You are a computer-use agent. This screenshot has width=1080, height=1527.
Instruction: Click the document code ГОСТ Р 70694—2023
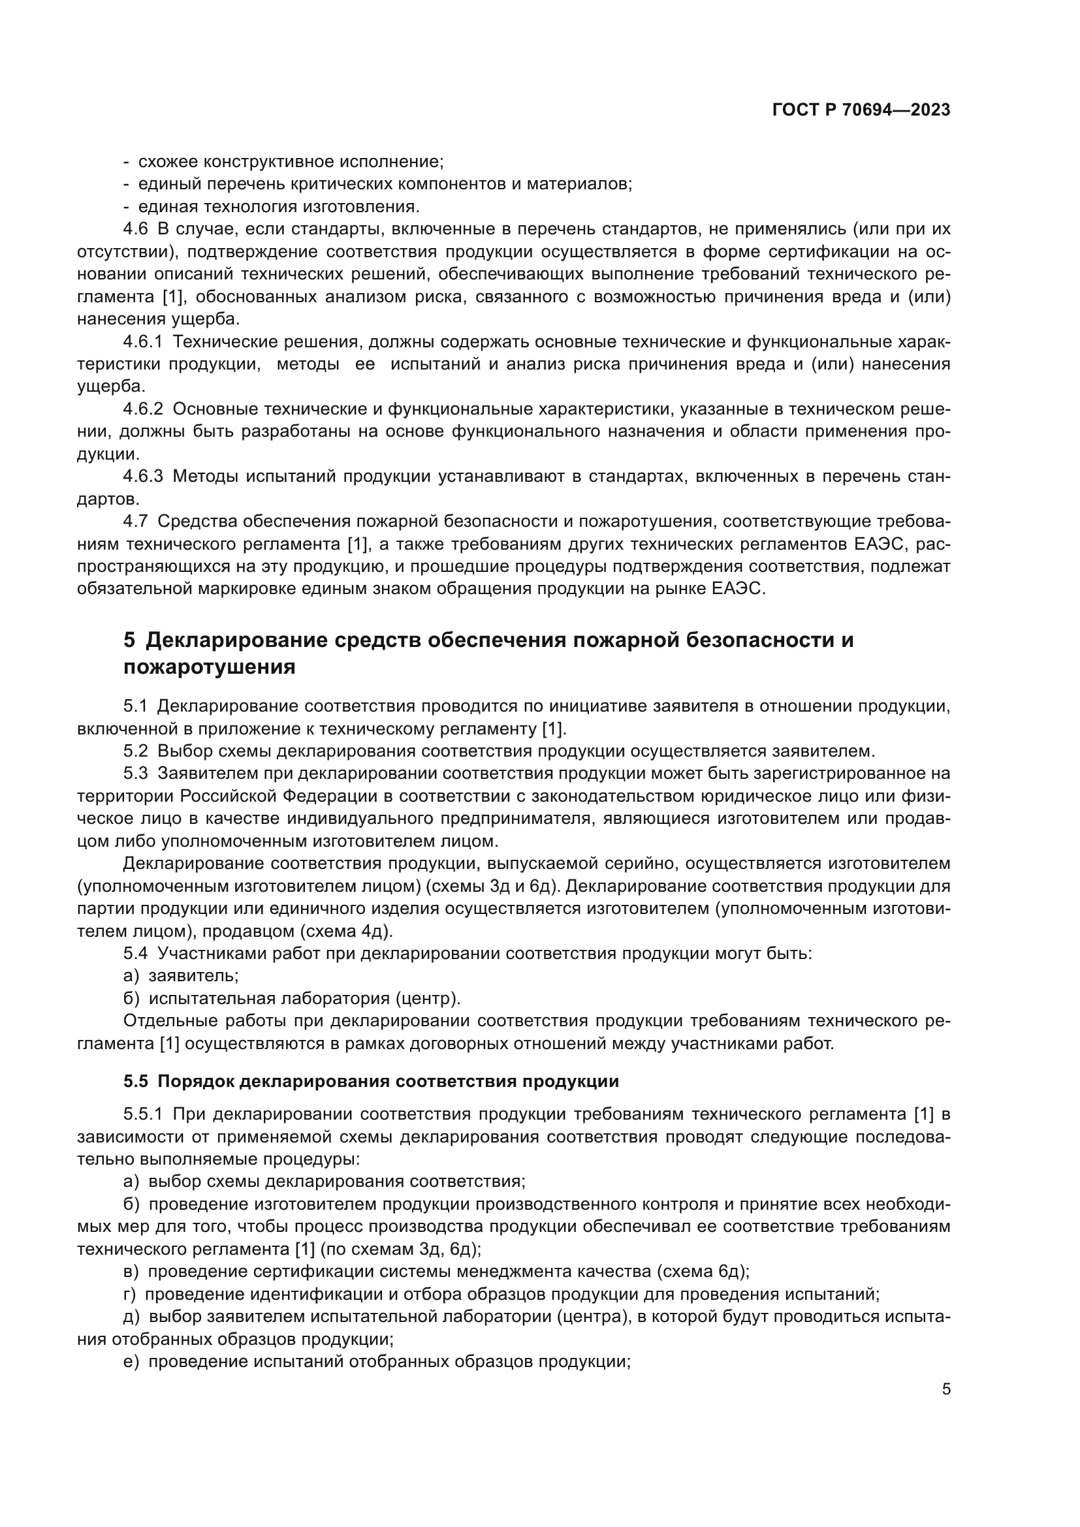[861, 110]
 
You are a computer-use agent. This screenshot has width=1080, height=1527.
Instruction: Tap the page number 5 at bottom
[946, 1389]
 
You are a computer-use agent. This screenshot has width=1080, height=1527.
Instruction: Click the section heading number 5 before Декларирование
[129, 640]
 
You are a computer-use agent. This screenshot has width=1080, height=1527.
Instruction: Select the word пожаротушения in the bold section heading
[210, 667]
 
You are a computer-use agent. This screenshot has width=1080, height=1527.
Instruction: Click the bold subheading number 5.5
[136, 1080]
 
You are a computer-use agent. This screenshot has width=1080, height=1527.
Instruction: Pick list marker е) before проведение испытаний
[131, 1361]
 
